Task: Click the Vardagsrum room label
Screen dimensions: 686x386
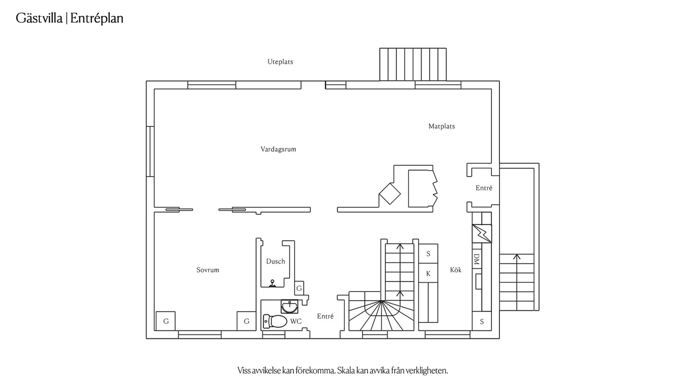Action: pyautogui.click(x=278, y=149)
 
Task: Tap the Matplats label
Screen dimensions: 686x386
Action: pyautogui.click(x=442, y=126)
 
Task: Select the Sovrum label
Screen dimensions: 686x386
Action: pyautogui.click(x=208, y=270)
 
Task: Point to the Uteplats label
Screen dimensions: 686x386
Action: pyautogui.click(x=280, y=62)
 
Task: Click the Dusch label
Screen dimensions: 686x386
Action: pyautogui.click(x=275, y=261)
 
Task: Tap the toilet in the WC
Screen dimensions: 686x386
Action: pyautogui.click(x=275, y=321)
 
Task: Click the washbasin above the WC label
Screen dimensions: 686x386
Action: pyautogui.click(x=289, y=306)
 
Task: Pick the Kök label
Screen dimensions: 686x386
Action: pyautogui.click(x=456, y=270)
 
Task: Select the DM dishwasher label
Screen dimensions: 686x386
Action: pyautogui.click(x=476, y=259)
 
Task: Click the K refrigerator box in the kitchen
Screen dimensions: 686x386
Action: pyautogui.click(x=428, y=273)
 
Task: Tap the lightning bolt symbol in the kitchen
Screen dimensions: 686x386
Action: pyautogui.click(x=482, y=233)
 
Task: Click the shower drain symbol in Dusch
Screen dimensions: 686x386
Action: pyautogui.click(x=273, y=283)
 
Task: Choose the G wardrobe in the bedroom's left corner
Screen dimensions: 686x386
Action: pyautogui.click(x=165, y=321)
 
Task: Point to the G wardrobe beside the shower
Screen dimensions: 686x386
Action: pyautogui.click(x=299, y=288)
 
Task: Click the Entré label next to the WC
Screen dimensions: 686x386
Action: pyautogui.click(x=325, y=316)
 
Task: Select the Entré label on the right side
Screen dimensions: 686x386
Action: pyautogui.click(x=484, y=188)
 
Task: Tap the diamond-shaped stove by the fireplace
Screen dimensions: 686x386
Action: pyautogui.click(x=389, y=194)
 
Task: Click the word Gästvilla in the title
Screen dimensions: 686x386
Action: pyautogui.click(x=39, y=18)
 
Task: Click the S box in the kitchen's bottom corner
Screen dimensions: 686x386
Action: pyautogui.click(x=482, y=321)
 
